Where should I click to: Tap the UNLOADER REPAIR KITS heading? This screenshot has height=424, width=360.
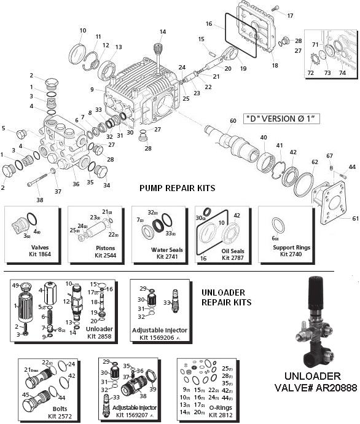(227, 298)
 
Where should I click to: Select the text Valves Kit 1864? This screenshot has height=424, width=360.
(31, 253)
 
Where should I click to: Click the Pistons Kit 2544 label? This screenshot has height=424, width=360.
(95, 253)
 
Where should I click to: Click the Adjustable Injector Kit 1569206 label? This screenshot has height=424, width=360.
(160, 334)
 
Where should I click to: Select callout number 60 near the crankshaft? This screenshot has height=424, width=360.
(233, 120)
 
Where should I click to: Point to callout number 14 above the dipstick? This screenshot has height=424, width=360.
(163, 32)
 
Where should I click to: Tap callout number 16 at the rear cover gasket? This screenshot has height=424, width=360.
(209, 24)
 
